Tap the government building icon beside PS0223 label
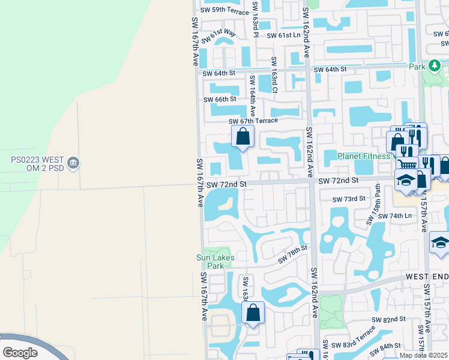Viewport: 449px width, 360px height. point(73,163)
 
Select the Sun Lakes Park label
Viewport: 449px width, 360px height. point(214,261)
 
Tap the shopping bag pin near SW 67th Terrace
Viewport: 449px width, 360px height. point(243,137)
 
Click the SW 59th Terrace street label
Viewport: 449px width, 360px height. point(224,10)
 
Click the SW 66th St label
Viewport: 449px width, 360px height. point(220,100)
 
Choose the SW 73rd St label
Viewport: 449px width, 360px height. point(349,199)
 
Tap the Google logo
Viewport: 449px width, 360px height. point(19,353)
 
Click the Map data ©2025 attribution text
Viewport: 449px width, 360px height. point(423,355)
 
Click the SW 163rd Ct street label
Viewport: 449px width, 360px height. point(274,75)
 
